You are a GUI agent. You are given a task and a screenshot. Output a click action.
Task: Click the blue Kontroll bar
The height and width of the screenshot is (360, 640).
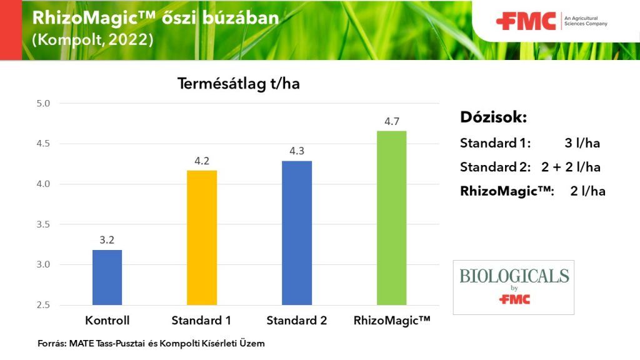pyautogui.click(x=107, y=277)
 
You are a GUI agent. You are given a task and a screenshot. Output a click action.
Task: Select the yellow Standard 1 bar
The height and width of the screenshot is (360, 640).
pyautogui.click(x=202, y=237)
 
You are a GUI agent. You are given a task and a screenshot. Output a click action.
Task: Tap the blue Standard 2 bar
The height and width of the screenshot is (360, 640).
pyautogui.click(x=297, y=233)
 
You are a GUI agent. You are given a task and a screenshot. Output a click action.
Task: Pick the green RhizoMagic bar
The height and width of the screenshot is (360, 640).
pyautogui.click(x=391, y=218)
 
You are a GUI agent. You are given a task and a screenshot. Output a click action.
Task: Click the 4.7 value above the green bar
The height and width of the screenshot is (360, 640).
pyautogui.click(x=392, y=122)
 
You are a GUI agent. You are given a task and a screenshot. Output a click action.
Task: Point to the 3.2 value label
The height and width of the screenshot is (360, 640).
pyautogui.click(x=107, y=240)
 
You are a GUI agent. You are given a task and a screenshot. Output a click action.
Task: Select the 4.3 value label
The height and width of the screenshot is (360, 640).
pyautogui.click(x=297, y=151)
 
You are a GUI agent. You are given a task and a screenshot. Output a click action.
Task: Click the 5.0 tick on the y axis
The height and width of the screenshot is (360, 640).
pyautogui.click(x=43, y=104)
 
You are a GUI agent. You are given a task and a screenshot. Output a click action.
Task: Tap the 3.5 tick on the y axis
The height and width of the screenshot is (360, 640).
pyautogui.click(x=43, y=224)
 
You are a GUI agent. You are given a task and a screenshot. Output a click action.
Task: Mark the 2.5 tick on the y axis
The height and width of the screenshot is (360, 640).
pyautogui.click(x=43, y=305)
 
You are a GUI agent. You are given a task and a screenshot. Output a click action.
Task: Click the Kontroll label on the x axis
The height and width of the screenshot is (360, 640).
pyautogui.click(x=107, y=321)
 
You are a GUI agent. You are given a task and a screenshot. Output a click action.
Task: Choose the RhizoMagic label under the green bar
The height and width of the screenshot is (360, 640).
pyautogui.click(x=392, y=321)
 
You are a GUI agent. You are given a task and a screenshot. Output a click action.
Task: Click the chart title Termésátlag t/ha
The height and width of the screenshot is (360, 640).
pyautogui.click(x=239, y=84)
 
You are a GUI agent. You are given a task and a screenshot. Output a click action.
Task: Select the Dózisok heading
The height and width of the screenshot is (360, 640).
pyautogui.click(x=494, y=117)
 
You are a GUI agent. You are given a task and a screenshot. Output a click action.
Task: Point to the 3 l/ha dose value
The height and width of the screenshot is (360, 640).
pyautogui.click(x=582, y=143)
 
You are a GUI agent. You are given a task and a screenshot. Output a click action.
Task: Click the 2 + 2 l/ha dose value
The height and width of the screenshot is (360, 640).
pyautogui.click(x=571, y=167)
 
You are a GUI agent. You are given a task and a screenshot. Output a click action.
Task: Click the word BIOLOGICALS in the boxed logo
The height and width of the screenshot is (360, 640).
pyautogui.click(x=514, y=276)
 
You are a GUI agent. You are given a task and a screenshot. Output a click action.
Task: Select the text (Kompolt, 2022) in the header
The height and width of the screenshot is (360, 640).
pyautogui.click(x=92, y=40)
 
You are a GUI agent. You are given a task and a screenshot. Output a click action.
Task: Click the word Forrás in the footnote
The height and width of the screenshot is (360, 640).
pyautogui.click(x=52, y=344)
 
